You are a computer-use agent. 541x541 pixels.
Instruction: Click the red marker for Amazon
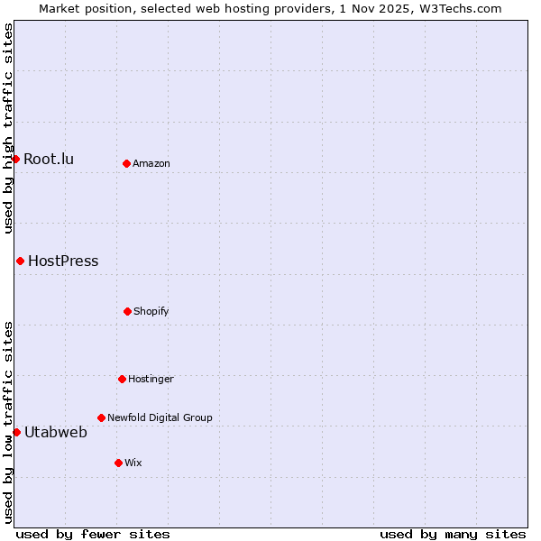(x=126, y=163)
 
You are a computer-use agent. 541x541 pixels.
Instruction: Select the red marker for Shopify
(x=127, y=311)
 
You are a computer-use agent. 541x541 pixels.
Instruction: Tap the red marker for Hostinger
(x=122, y=379)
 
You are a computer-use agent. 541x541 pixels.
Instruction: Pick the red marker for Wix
(x=118, y=463)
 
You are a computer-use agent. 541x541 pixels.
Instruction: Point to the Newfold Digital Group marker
(x=101, y=417)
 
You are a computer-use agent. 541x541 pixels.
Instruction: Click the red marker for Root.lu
(x=15, y=159)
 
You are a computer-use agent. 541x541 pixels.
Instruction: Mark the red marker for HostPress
(x=20, y=261)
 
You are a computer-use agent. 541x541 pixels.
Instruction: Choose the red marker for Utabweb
(x=16, y=432)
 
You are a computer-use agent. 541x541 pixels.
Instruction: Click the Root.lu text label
(x=49, y=160)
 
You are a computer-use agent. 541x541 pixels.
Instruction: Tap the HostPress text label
(x=63, y=261)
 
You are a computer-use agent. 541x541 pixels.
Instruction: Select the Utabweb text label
(x=56, y=433)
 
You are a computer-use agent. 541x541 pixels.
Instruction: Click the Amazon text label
(x=151, y=163)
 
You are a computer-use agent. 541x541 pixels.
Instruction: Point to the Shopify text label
(x=151, y=311)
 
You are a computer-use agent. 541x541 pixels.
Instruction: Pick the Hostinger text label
(x=151, y=379)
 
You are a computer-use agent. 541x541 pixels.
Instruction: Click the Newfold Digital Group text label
(x=160, y=417)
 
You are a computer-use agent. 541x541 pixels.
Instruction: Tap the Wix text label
(x=133, y=463)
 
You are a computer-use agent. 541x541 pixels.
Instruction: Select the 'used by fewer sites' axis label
(x=93, y=534)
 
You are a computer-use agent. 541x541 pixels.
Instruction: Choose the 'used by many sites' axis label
(x=453, y=534)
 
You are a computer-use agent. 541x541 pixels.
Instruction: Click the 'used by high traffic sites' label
(x=8, y=128)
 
